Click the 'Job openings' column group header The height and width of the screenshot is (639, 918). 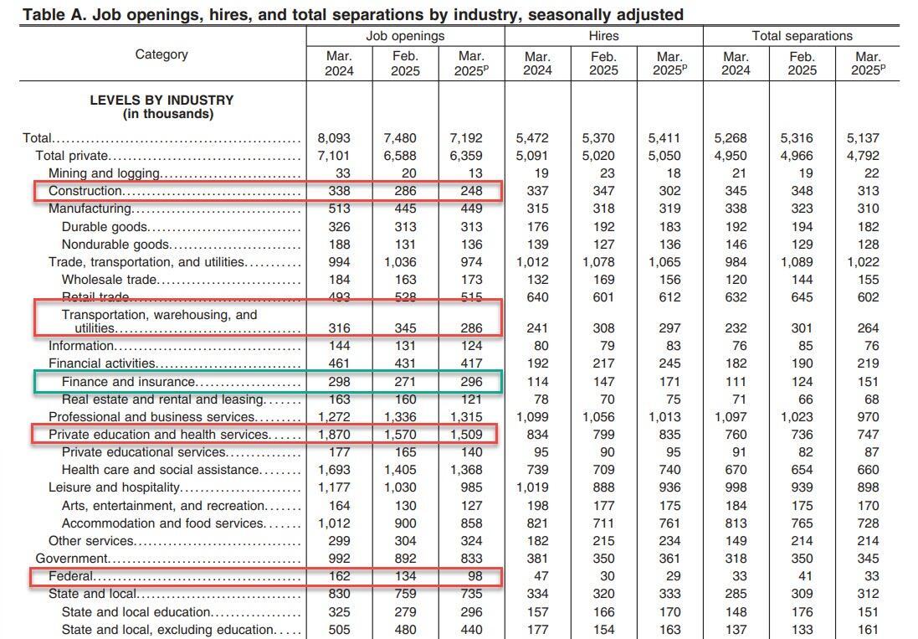pyautogui.click(x=405, y=36)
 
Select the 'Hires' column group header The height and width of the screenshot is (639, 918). pyautogui.click(x=603, y=36)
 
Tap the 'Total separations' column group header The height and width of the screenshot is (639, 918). pyautogui.click(x=802, y=36)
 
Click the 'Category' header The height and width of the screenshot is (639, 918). pyautogui.click(x=162, y=54)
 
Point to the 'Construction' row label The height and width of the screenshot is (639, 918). pyautogui.click(x=84, y=191)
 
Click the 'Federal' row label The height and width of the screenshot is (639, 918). pyautogui.click(x=71, y=576)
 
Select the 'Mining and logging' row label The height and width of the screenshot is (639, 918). pyautogui.click(x=104, y=173)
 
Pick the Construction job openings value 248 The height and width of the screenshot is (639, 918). pyautogui.click(x=471, y=191)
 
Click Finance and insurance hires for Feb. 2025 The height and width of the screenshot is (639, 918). pyautogui.click(x=603, y=382)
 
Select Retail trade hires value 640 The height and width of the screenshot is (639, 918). pyautogui.click(x=537, y=297)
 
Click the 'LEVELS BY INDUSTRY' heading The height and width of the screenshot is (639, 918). pyautogui.click(x=162, y=100)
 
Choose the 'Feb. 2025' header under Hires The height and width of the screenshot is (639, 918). pyautogui.click(x=603, y=63)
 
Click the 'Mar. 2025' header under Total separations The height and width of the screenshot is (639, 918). pyautogui.click(x=868, y=63)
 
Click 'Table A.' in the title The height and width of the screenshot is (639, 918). pyautogui.click(x=53, y=14)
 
